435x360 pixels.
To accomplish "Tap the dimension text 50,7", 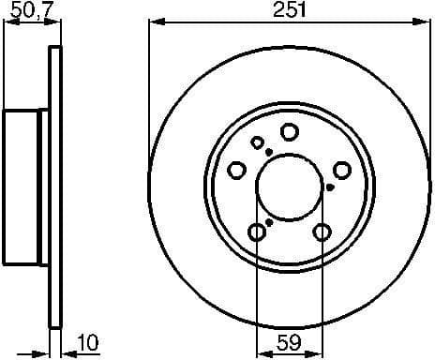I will pos(22,9).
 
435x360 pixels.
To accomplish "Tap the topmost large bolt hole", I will pos(290,132).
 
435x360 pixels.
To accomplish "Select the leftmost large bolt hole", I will pos(238,170).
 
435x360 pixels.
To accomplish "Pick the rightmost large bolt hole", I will pos(342,170).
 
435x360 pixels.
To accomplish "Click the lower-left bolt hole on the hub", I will pos(257,232).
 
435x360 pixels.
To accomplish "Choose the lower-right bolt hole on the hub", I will pos(322,232).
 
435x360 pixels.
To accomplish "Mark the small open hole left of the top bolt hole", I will pos(258,142).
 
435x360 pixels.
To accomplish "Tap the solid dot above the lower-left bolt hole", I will pos(269,221).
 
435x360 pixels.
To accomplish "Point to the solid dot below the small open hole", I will pos(268,152).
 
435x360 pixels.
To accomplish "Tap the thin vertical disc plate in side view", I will pos(55,187).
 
